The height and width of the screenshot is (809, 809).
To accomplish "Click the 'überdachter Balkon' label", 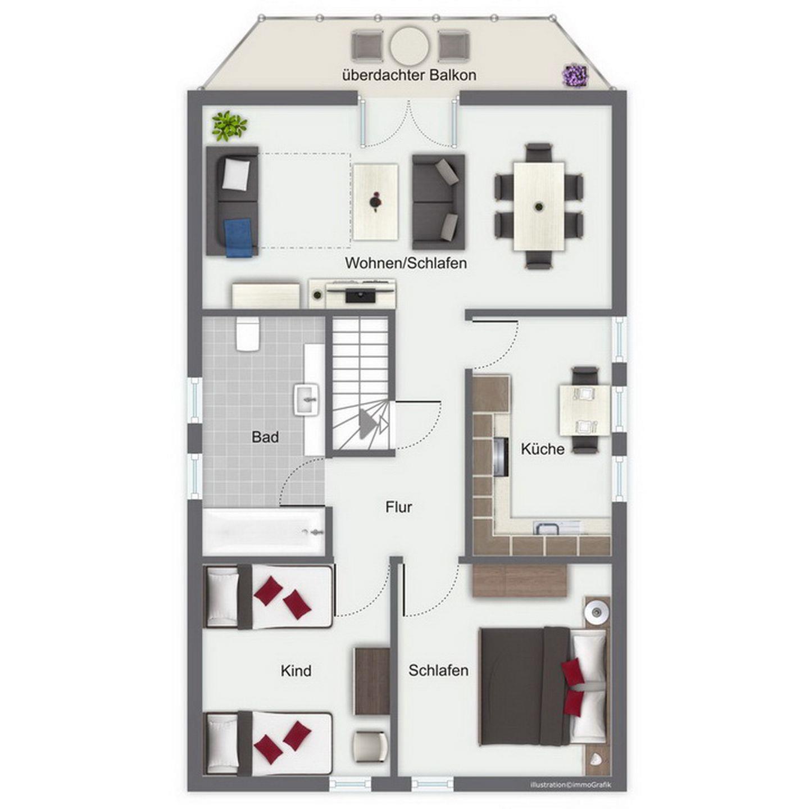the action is (x=410, y=75).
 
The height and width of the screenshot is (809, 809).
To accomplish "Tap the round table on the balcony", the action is (x=410, y=46).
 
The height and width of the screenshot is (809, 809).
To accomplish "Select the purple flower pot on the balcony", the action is (x=574, y=76).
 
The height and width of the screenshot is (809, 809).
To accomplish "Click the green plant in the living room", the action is (x=229, y=125).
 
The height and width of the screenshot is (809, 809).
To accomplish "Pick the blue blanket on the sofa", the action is (x=240, y=238).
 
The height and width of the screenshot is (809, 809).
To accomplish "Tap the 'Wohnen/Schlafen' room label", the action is (x=406, y=263).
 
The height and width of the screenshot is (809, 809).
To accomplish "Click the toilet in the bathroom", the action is (x=247, y=334).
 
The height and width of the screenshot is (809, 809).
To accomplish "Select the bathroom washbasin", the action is (x=307, y=400).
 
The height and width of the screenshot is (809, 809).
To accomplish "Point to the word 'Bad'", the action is (x=265, y=437).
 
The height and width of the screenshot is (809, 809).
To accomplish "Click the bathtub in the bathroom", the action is (x=264, y=532).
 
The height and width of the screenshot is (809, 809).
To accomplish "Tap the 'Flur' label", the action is (x=398, y=507).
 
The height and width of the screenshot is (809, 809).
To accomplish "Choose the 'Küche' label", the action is (x=542, y=449).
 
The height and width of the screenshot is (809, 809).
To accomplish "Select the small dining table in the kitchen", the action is (x=584, y=410).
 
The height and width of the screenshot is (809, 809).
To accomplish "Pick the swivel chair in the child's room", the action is (x=370, y=746).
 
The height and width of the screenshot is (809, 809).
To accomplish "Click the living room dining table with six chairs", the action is (x=539, y=206).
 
